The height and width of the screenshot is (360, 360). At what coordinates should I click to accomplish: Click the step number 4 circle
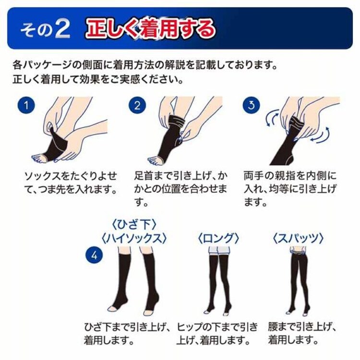(x=94, y=255)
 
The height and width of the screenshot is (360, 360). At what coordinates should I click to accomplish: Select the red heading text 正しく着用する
(x=150, y=29)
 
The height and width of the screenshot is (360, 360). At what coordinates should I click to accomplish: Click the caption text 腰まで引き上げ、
(x=301, y=328)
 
